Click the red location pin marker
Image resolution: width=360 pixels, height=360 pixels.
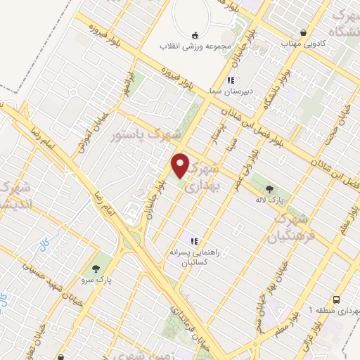coord(181,165)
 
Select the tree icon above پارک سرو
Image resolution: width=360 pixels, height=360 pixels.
coord(96,268)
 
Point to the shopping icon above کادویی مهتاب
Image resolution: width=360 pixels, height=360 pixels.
coord(303,32)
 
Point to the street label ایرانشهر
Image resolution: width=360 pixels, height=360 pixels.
coord(127,84)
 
